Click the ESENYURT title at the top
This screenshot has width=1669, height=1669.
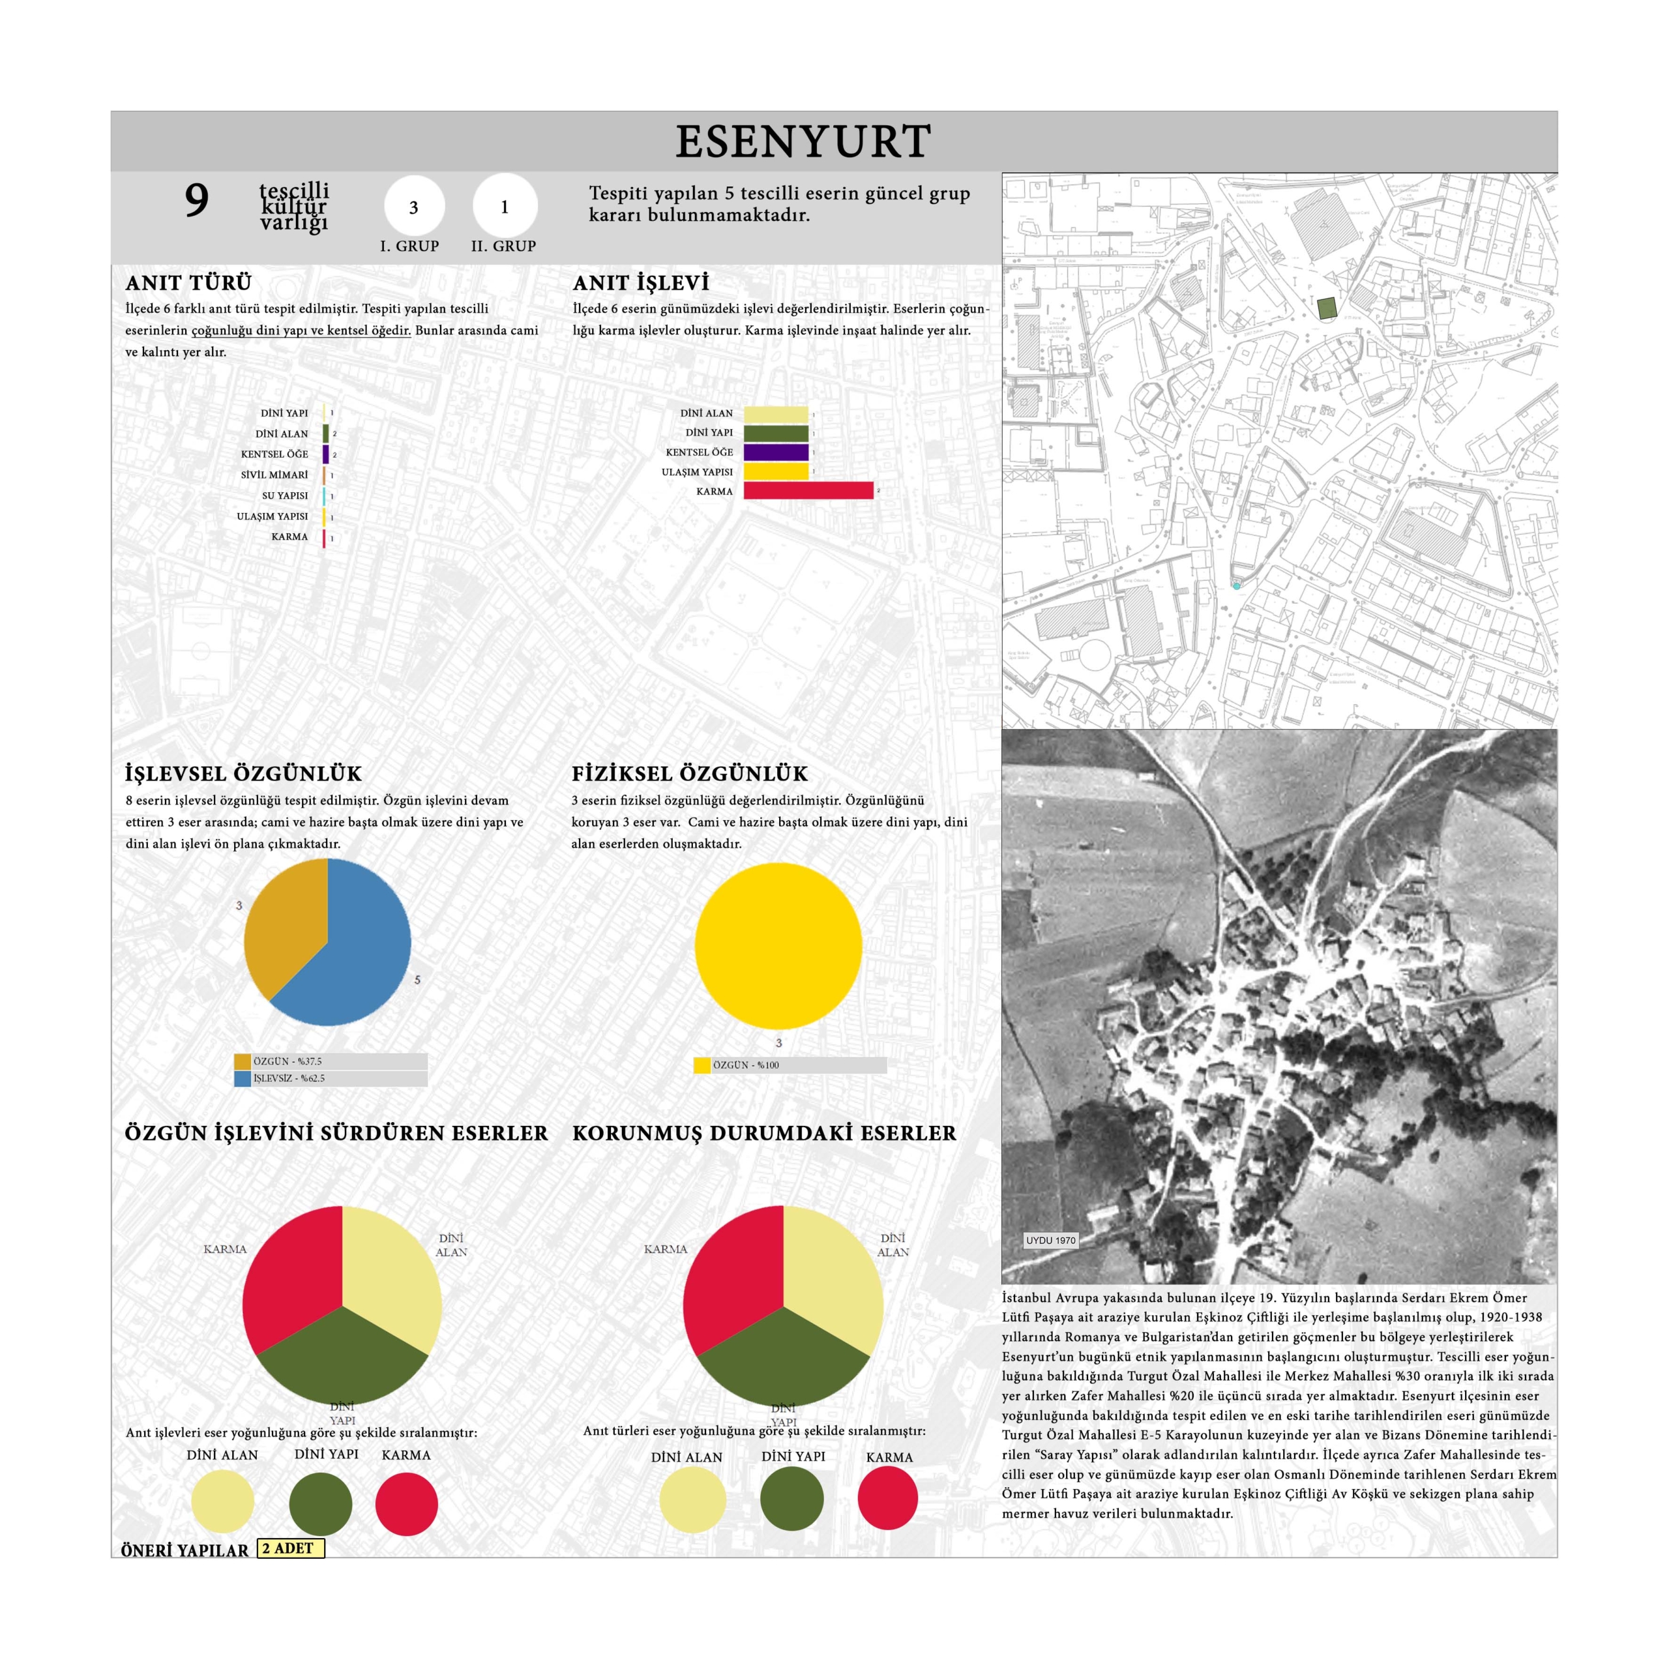tap(803, 141)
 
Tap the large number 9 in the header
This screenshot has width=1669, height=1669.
tap(196, 201)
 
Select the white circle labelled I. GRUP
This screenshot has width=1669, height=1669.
tap(414, 207)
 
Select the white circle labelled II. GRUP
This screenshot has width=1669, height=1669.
tap(505, 207)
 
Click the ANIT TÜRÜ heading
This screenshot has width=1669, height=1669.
tap(188, 284)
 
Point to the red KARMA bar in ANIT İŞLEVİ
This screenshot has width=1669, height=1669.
tap(808, 491)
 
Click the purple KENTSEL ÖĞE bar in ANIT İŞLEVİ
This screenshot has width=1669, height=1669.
tap(776, 452)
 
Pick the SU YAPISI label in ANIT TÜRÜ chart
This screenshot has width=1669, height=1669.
tap(284, 496)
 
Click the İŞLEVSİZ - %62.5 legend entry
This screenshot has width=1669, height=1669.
tap(289, 1078)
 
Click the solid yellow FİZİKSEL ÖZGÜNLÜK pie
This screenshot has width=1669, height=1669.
tap(778, 945)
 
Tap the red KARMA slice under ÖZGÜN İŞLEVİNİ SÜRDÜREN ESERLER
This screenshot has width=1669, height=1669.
tap(289, 1270)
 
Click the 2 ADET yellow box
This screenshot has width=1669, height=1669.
tap(290, 1548)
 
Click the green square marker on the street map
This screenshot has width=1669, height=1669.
tap(1326, 308)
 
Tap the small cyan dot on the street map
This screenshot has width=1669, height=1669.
tap(1236, 585)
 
